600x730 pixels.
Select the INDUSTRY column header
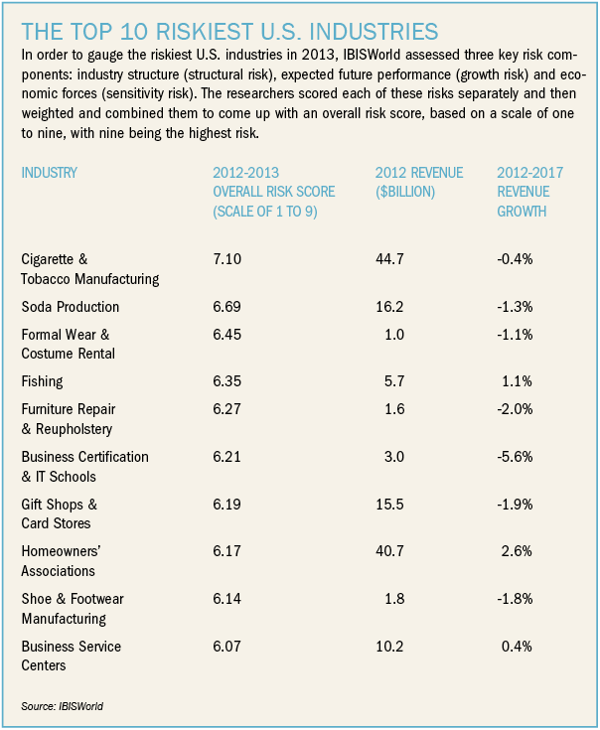point(49,173)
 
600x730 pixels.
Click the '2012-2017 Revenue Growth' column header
point(529,192)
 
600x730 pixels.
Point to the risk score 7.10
point(226,259)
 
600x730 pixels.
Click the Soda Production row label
point(71,307)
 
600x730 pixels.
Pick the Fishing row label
point(41,379)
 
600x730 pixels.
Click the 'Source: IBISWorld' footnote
point(62,706)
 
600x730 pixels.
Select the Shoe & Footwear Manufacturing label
point(71,609)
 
